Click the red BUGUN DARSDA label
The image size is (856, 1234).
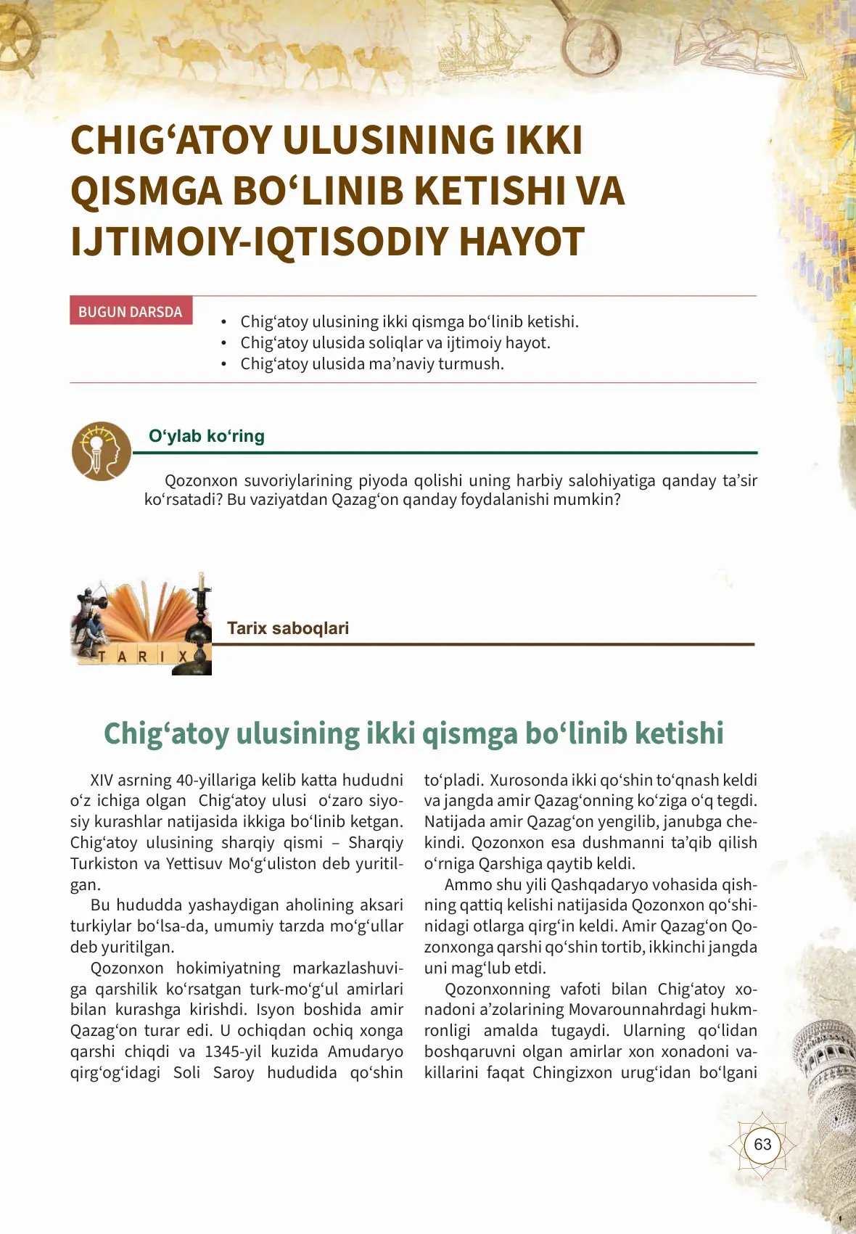point(131,311)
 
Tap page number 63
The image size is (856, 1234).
point(762,1145)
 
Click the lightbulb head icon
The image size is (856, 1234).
point(101,451)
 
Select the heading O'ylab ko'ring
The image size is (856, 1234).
point(207,436)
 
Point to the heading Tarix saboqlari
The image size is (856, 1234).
point(288,628)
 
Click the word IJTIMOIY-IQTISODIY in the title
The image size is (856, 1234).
point(259,242)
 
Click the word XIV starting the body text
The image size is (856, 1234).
point(102,781)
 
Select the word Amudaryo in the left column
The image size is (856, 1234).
point(365,1052)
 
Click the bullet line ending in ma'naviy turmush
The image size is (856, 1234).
point(371,364)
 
